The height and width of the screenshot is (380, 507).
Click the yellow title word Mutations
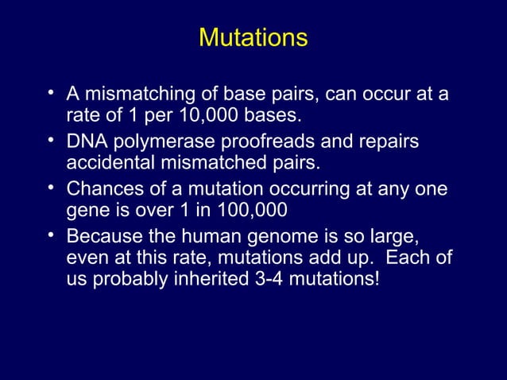pos(253,38)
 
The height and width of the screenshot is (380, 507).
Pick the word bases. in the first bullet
pos(273,117)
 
